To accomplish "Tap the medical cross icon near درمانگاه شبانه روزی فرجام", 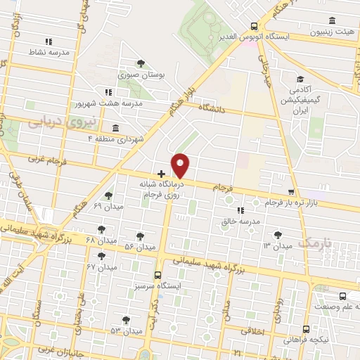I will (x=162, y=172).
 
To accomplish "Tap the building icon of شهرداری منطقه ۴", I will (x=115, y=128).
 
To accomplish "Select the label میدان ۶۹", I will (x=108, y=206).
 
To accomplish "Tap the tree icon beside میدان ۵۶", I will (x=140, y=236).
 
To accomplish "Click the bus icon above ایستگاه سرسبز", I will (x=157, y=276).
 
